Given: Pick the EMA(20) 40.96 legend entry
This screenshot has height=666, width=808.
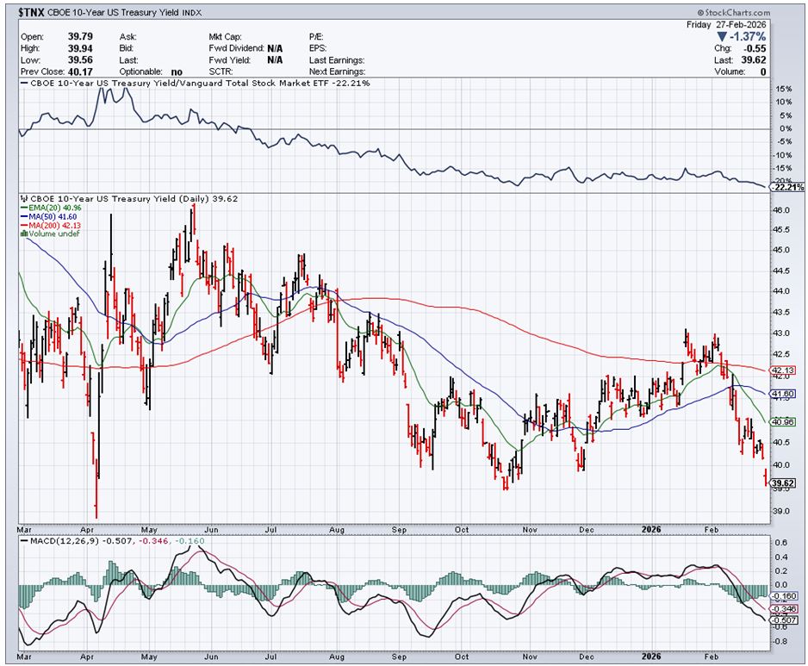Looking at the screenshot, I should (56, 208).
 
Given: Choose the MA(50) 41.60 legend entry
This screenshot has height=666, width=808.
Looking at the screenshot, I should (53, 216).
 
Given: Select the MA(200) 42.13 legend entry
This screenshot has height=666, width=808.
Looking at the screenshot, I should (55, 226).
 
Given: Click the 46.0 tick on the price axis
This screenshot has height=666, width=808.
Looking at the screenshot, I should (780, 210).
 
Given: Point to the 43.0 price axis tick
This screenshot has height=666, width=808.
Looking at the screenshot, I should (780, 333).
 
